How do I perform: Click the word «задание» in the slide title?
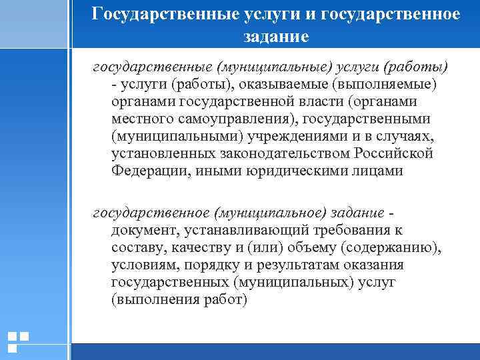pyautogui.click(x=276, y=36)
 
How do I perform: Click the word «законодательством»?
pyautogui.click(x=274, y=153)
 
